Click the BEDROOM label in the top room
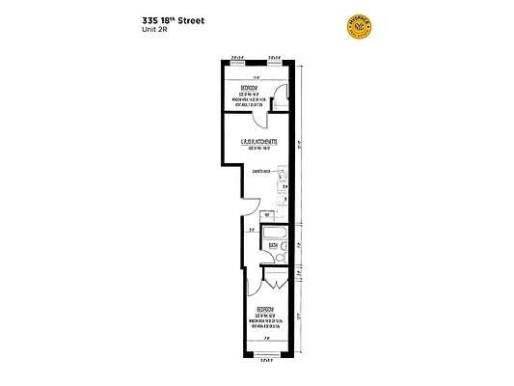click(250, 86)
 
